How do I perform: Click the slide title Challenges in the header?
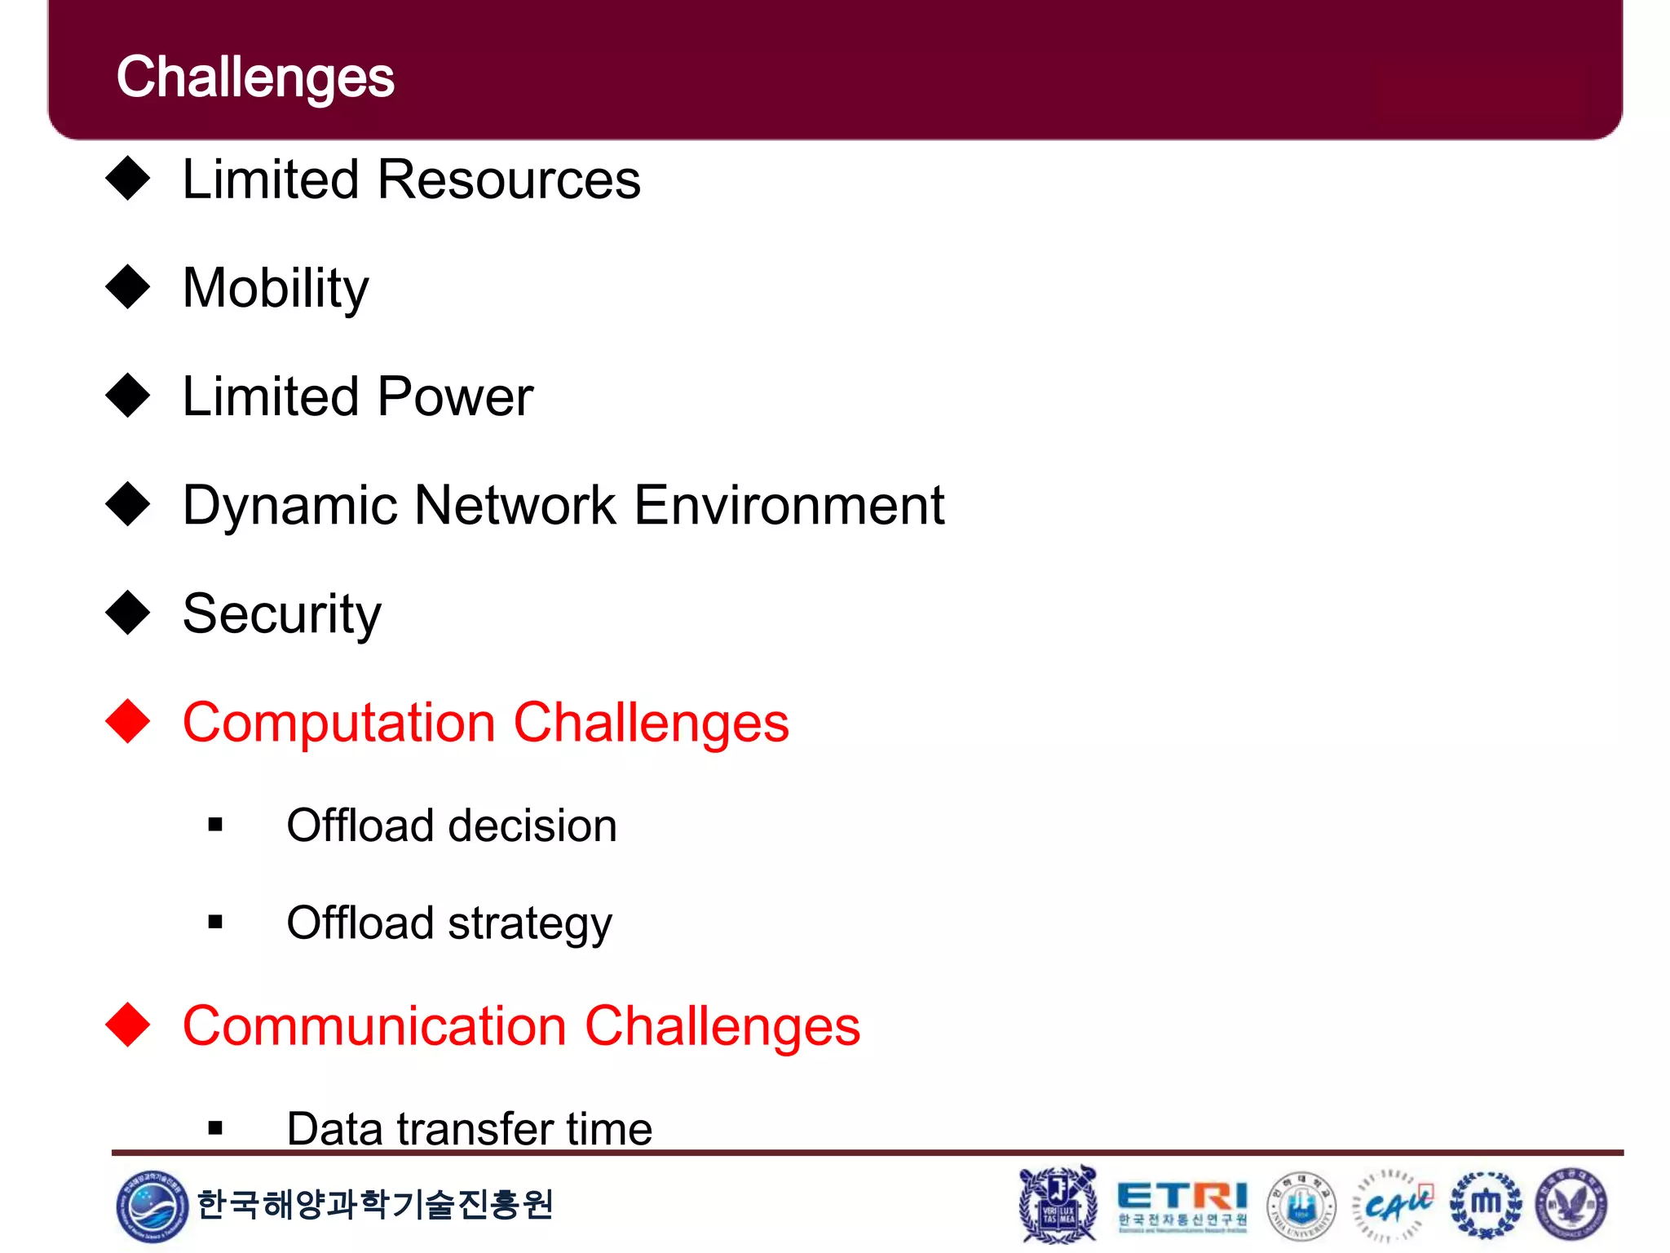255,77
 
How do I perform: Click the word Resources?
509,179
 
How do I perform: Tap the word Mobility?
276,289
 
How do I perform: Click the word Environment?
789,505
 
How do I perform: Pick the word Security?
281,614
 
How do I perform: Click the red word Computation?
338,724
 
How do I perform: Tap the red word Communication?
374,1026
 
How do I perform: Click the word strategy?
529,924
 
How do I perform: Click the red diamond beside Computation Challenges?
128,722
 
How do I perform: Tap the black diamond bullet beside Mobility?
128,287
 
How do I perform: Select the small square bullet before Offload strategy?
215,923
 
